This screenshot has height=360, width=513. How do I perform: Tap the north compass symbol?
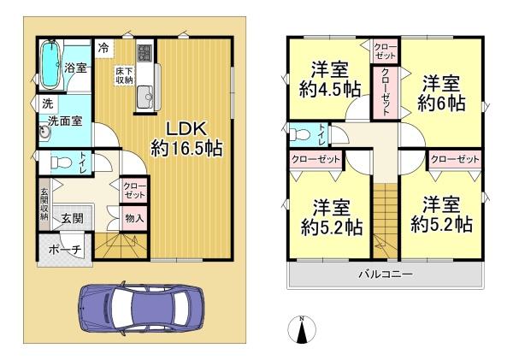click(x=302, y=328)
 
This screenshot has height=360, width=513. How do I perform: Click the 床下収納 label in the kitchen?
click(x=124, y=74)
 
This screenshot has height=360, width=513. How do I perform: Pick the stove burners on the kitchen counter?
click(x=143, y=53)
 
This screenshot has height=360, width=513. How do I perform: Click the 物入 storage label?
click(x=135, y=218)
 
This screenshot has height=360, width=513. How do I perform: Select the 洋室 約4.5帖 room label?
click(x=328, y=80)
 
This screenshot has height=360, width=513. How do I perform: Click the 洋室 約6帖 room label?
click(x=440, y=93)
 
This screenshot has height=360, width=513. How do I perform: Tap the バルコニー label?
click(x=385, y=274)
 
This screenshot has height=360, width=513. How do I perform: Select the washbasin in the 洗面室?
click(x=44, y=133)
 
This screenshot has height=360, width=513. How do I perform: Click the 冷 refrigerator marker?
click(x=103, y=48)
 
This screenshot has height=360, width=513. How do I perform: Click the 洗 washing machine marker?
click(x=44, y=103)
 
